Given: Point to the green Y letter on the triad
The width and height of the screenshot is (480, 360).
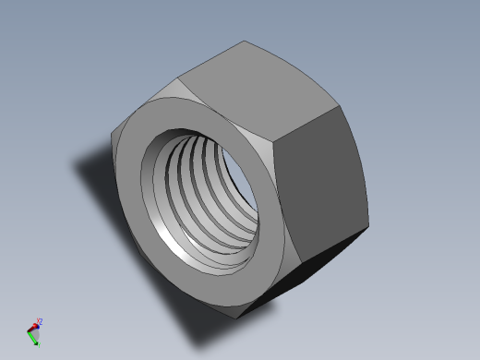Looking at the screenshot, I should tap(36, 344).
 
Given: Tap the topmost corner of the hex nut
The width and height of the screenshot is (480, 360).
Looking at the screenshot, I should tap(246, 41).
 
